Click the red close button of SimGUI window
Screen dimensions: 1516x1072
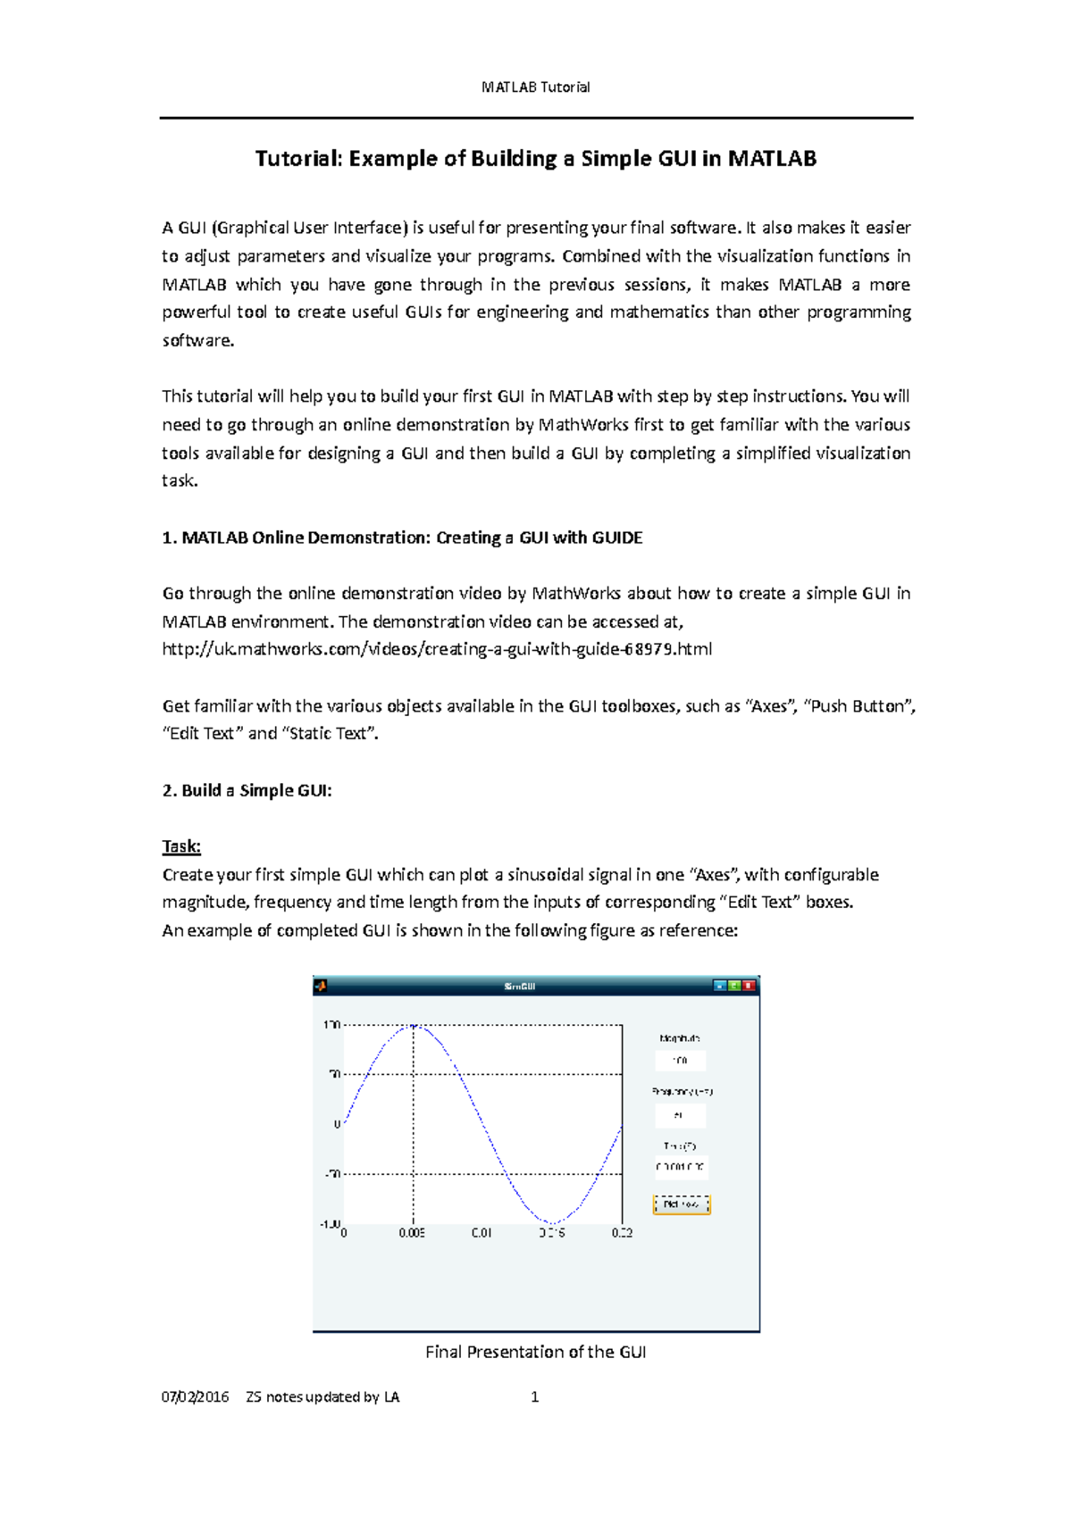pyautogui.click(x=749, y=986)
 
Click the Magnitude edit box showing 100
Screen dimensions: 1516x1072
pyautogui.click(x=680, y=1061)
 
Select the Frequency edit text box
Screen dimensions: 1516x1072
pyautogui.click(x=680, y=1115)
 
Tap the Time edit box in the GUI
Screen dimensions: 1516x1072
pyautogui.click(x=681, y=1168)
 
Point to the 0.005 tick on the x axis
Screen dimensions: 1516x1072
pyautogui.click(x=412, y=1233)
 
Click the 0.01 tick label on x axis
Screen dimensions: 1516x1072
pyautogui.click(x=482, y=1233)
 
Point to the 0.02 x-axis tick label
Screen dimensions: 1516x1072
pyautogui.click(x=622, y=1233)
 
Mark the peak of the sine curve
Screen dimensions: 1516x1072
pyautogui.click(x=414, y=1026)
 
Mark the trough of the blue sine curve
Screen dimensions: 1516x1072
pyautogui.click(x=552, y=1223)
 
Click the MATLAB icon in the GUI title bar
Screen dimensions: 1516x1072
pyautogui.click(x=321, y=986)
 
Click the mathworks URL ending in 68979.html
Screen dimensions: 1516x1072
pyautogui.click(x=437, y=649)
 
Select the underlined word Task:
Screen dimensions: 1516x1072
pyautogui.click(x=181, y=846)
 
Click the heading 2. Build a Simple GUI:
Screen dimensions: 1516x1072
pyautogui.click(x=247, y=790)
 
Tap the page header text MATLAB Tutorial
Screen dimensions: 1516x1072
pyautogui.click(x=535, y=87)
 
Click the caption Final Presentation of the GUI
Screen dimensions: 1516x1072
pyautogui.click(x=535, y=1352)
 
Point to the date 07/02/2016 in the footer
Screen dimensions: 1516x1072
pyautogui.click(x=195, y=1397)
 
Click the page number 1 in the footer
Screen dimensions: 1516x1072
pyautogui.click(x=534, y=1397)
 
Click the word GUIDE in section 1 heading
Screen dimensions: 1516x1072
pyautogui.click(x=616, y=537)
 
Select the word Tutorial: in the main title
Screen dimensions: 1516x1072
pyautogui.click(x=298, y=159)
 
